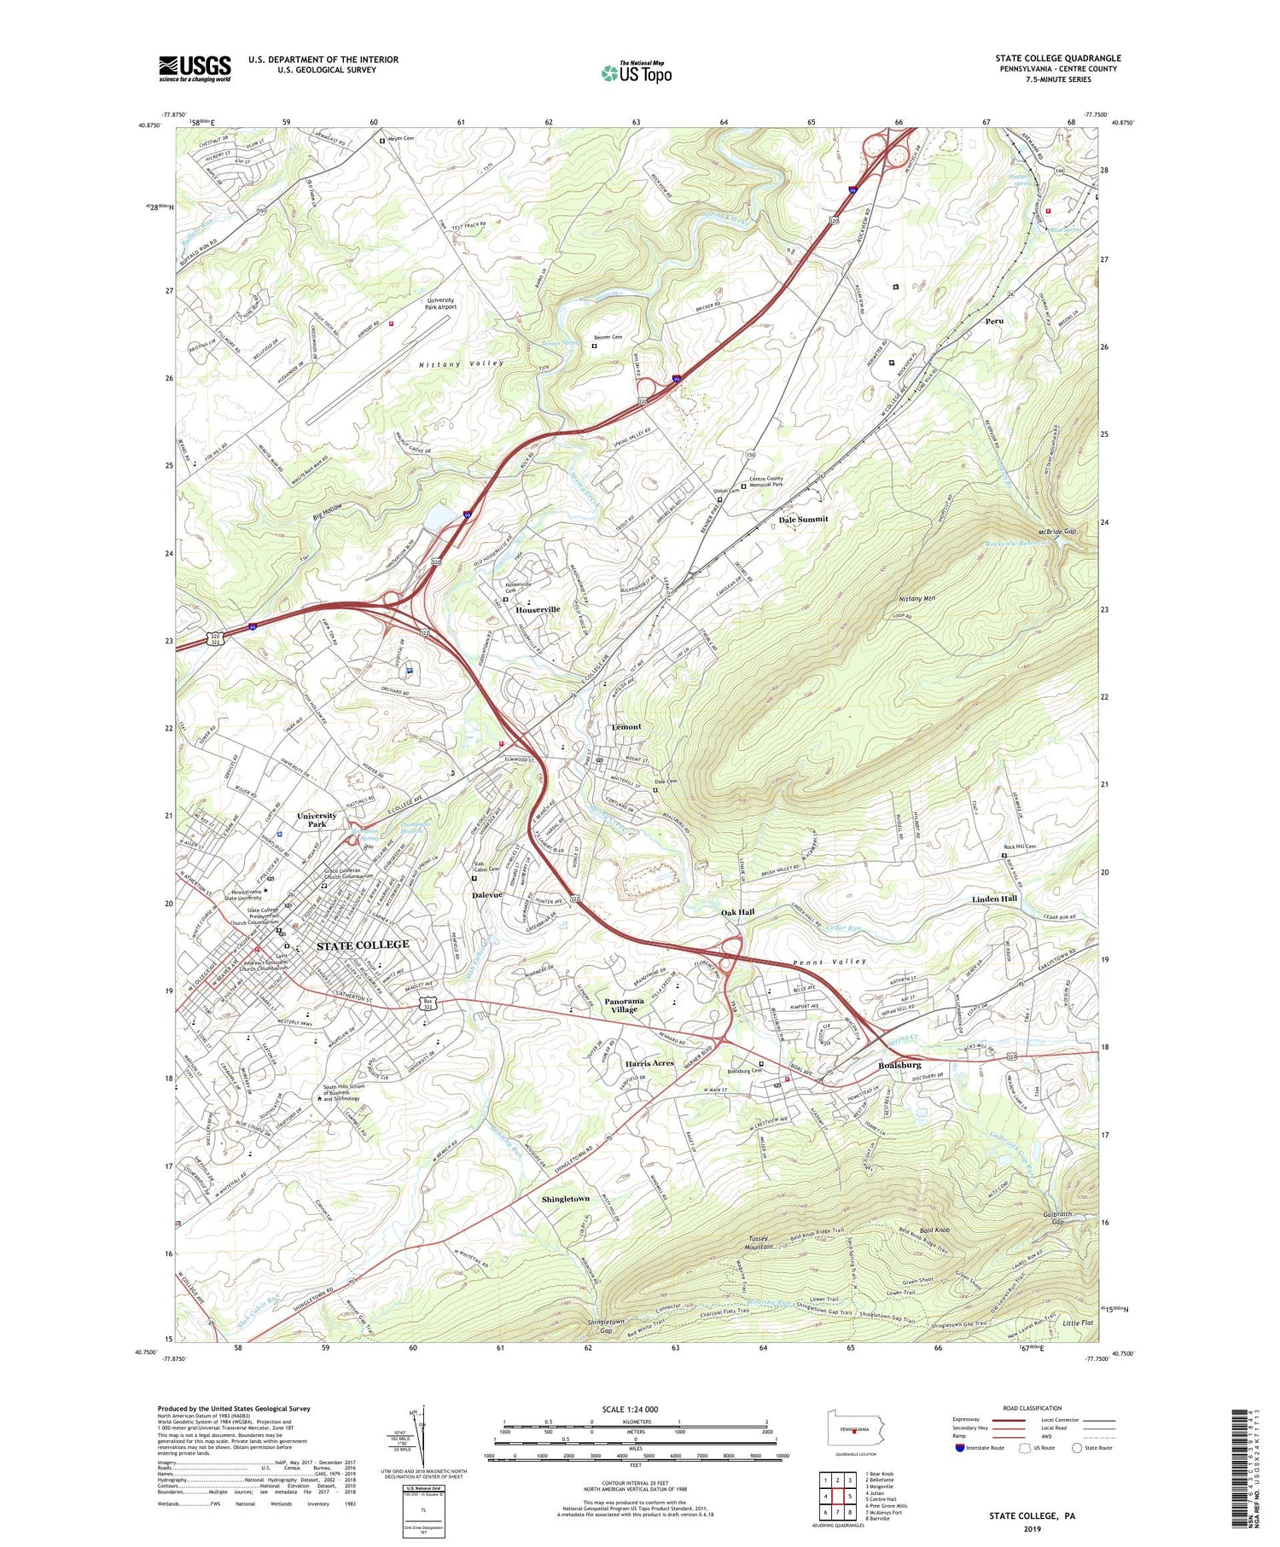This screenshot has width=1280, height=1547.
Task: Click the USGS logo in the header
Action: (x=195, y=68)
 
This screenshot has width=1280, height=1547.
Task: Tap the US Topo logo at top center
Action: (x=636, y=73)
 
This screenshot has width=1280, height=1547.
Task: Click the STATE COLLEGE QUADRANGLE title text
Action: (x=1057, y=58)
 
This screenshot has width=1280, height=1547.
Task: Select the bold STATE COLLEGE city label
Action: (x=363, y=945)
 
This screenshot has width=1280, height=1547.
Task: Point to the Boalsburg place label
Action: (x=899, y=1065)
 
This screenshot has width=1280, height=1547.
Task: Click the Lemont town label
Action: (x=626, y=727)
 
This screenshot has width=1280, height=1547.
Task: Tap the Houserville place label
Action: (x=538, y=609)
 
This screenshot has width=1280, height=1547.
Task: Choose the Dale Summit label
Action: (x=803, y=519)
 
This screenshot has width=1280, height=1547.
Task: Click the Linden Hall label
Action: (x=994, y=899)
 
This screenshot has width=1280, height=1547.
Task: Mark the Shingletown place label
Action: (x=565, y=1199)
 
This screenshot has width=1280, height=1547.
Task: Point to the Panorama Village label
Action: (x=624, y=1004)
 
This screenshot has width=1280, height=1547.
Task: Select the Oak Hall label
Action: (x=737, y=911)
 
